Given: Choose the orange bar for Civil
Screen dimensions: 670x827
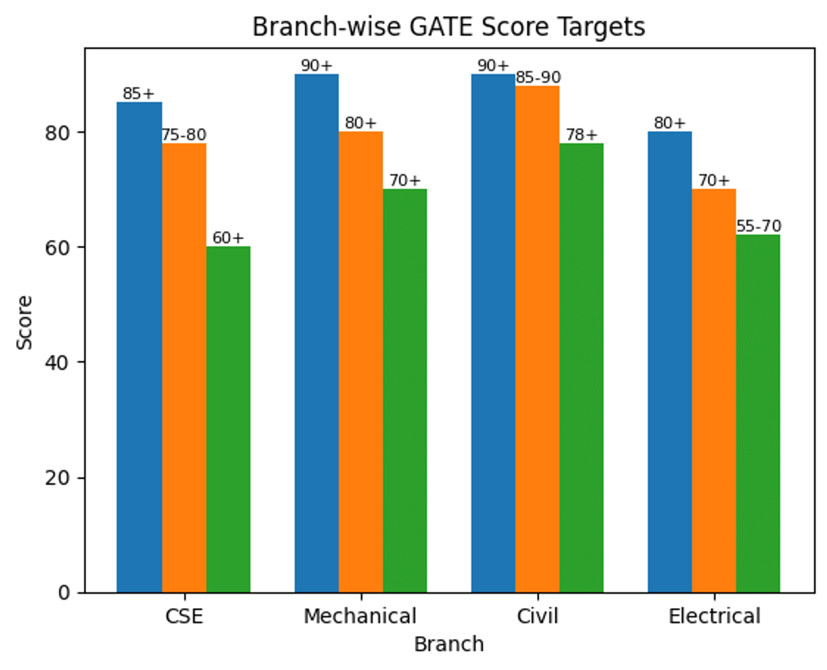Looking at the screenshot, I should click(538, 338).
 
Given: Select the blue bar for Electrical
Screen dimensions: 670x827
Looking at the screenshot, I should click(670, 362).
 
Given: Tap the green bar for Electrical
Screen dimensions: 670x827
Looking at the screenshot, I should click(758, 414).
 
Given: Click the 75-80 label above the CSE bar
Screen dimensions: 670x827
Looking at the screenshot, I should click(184, 135).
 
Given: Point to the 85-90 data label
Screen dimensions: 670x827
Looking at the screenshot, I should click(538, 78).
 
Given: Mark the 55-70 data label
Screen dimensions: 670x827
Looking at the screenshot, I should click(758, 227).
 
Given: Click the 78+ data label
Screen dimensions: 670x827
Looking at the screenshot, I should click(582, 135).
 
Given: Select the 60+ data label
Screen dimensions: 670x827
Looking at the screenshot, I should click(228, 238).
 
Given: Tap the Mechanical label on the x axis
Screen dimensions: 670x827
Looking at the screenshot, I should click(360, 616).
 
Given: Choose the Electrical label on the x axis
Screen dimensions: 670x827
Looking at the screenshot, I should click(714, 616).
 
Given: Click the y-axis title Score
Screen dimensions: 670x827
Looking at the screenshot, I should click(25, 322).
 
